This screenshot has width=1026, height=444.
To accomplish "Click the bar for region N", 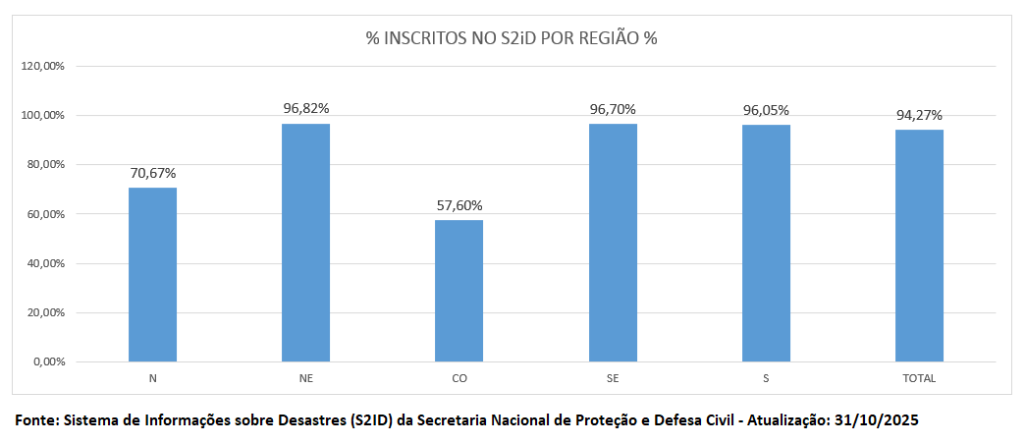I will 152,275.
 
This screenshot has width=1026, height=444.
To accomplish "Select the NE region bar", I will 305,243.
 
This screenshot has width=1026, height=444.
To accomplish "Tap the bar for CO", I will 459,291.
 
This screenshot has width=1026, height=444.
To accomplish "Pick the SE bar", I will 613,243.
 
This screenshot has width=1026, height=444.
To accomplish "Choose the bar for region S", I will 766,244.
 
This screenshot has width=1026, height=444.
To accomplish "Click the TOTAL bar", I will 919,246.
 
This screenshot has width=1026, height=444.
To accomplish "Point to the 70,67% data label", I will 152,173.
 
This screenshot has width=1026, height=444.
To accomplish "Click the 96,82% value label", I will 306,108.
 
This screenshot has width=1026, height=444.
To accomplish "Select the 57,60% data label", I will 459,205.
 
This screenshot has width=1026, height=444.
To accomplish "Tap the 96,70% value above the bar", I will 613,109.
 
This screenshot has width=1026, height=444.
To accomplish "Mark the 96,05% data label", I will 766,110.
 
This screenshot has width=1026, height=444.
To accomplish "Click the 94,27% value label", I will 919,115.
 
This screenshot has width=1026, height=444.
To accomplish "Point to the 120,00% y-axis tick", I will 42,66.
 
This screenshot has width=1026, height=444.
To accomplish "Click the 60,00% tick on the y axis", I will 44,214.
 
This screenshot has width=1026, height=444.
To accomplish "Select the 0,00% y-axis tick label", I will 47,362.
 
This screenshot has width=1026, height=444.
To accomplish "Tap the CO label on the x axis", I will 459,378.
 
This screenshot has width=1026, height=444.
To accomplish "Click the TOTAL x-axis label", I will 919,378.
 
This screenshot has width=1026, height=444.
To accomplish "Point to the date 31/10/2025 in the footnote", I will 876,419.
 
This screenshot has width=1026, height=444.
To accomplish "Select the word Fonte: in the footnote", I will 36,419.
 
